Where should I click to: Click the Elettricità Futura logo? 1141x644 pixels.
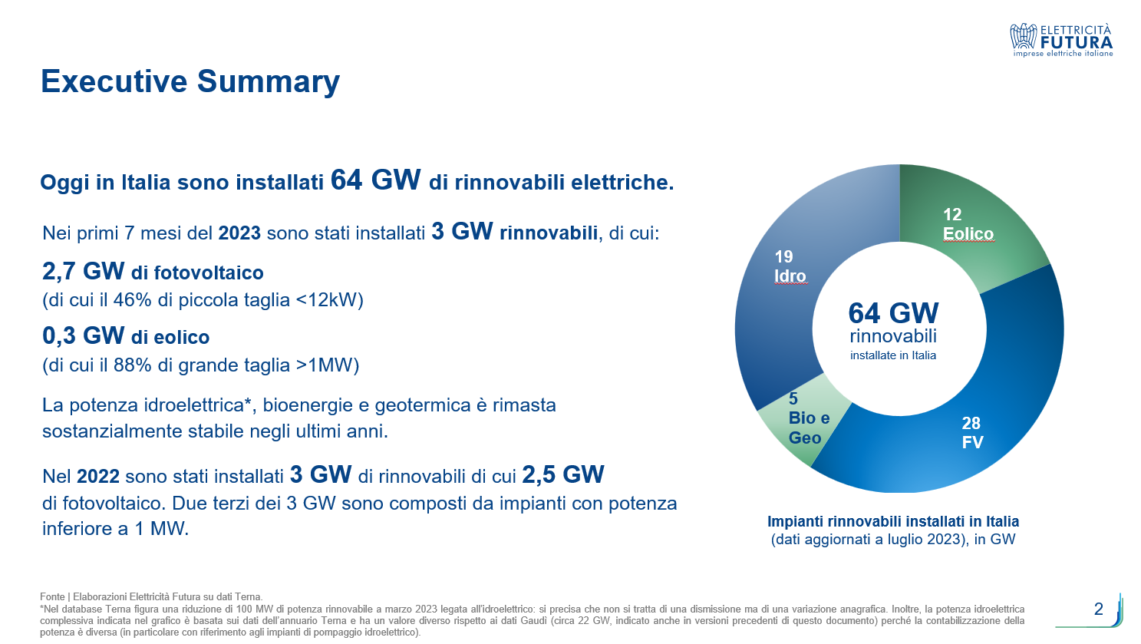click(1062, 40)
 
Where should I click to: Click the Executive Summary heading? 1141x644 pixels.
click(190, 81)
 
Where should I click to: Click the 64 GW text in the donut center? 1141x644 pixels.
click(893, 313)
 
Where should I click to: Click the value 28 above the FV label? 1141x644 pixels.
click(971, 423)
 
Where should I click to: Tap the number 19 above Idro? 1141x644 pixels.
click(783, 256)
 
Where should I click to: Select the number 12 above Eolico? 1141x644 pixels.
click(952, 214)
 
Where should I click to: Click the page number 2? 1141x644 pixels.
click(1098, 609)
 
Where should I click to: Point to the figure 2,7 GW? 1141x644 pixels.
click(83, 271)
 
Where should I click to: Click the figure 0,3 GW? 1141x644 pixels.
click(83, 335)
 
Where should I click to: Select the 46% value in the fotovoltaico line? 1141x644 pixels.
click(132, 300)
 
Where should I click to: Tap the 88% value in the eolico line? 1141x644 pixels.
click(132, 365)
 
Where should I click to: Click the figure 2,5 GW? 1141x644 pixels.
click(562, 475)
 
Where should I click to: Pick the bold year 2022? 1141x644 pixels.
click(98, 477)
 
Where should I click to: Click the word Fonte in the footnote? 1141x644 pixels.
click(52, 596)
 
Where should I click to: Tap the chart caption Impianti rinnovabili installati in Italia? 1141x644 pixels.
click(893, 521)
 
